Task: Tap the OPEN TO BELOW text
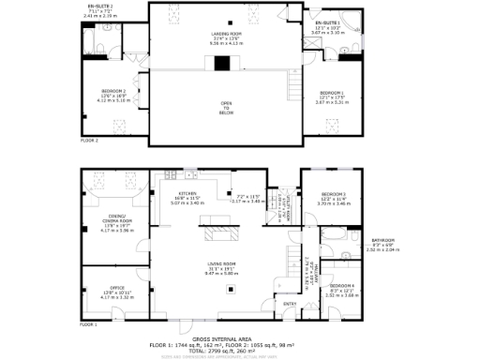click(226, 107)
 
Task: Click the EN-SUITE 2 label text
click(97, 6)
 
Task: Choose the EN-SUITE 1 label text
click(327, 22)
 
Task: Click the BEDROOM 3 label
click(333, 194)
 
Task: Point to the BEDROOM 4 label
click(342, 284)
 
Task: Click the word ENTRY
click(289, 303)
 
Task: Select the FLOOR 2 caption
click(89, 140)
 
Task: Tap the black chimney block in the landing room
click(221, 64)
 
